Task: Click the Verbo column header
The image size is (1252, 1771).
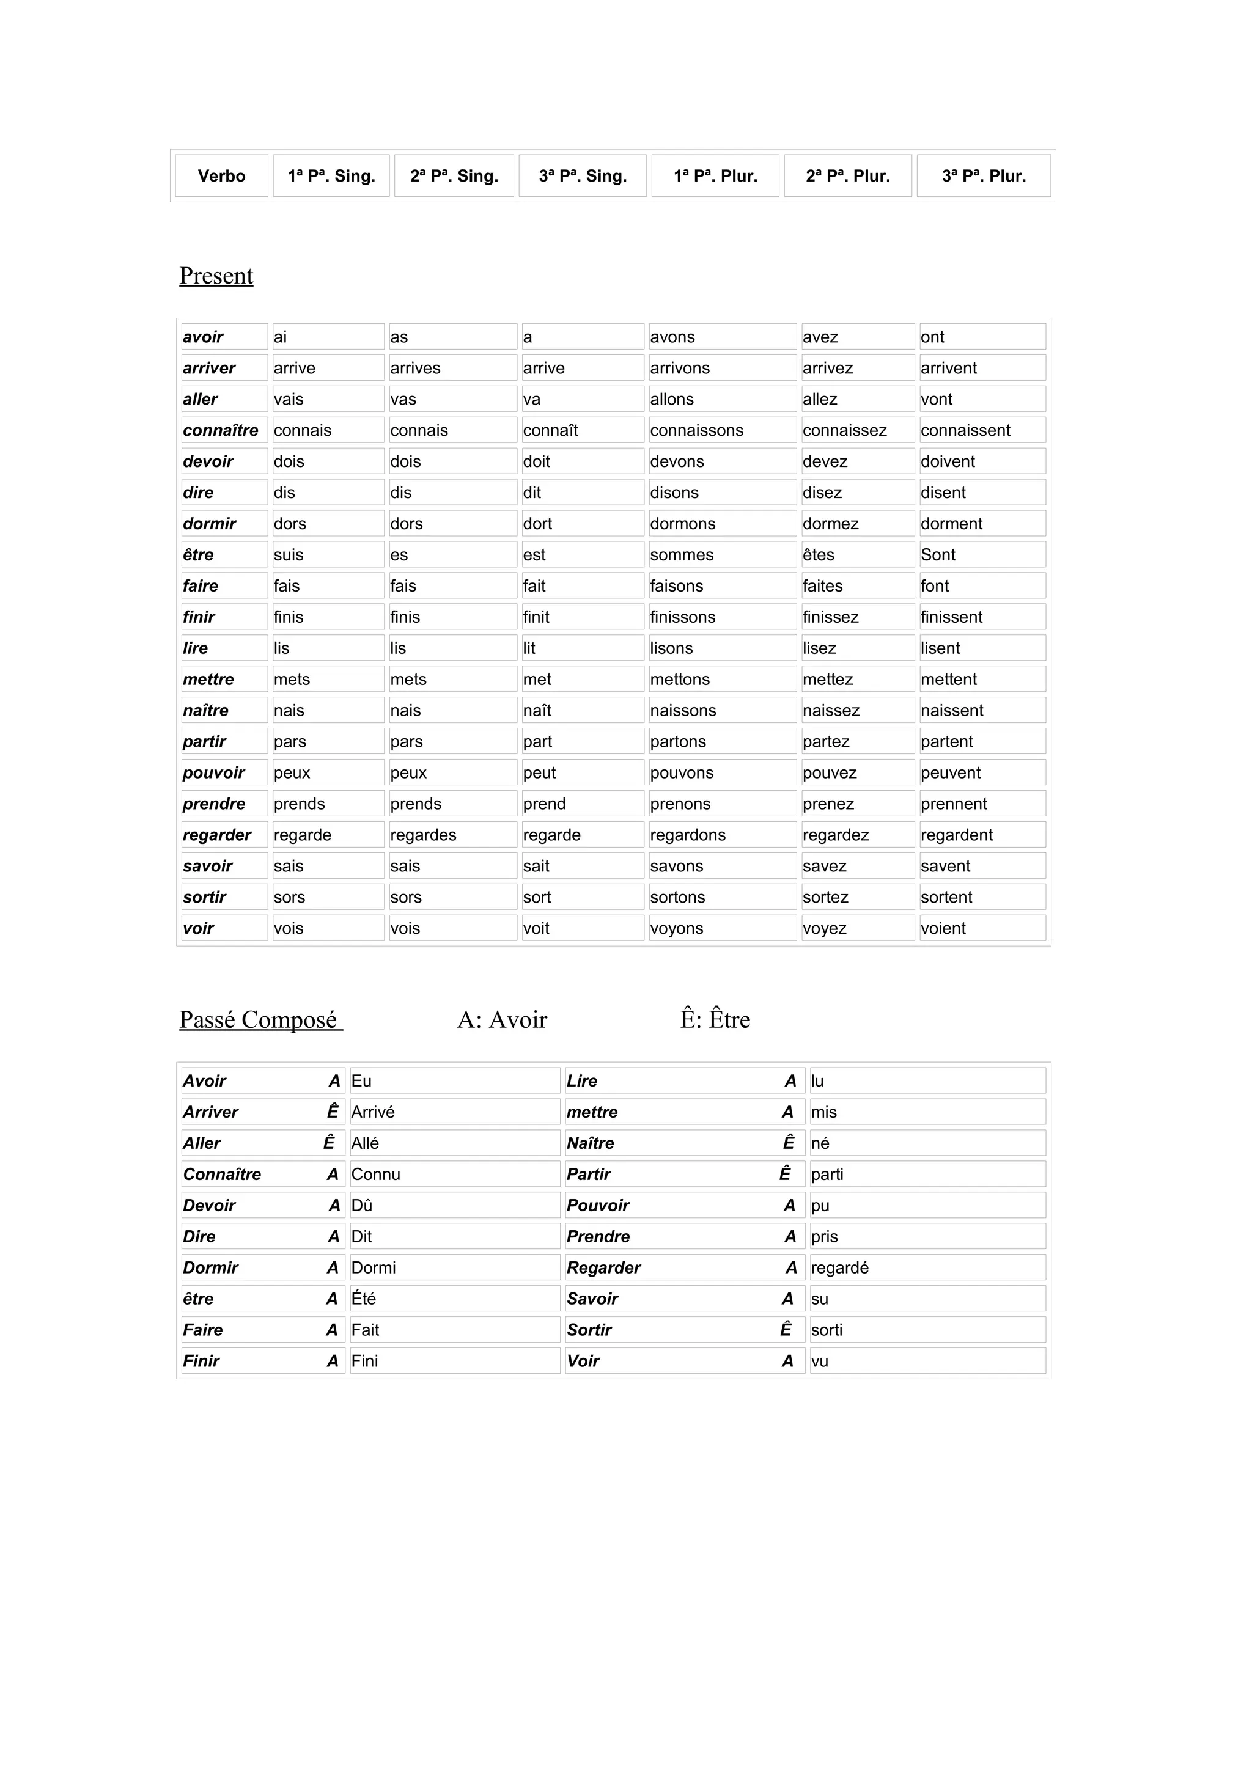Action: (221, 176)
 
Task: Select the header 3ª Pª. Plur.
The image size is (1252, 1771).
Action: (984, 176)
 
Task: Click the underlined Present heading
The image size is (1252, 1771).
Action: (216, 276)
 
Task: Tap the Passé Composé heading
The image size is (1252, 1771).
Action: (259, 1020)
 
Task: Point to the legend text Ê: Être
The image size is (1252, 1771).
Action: (715, 1020)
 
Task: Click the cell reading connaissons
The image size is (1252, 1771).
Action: (696, 430)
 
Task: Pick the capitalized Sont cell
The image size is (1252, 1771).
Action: (938, 555)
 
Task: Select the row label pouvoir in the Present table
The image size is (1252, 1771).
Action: (214, 773)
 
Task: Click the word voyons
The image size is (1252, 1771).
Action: (677, 929)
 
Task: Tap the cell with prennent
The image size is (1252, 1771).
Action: (954, 804)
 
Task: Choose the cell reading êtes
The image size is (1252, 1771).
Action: (819, 555)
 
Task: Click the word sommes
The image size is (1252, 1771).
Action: (682, 555)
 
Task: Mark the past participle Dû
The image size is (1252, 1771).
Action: (362, 1206)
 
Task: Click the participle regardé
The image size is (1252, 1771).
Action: (839, 1268)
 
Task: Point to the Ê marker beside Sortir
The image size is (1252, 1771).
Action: (786, 1330)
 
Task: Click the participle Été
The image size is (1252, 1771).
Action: (363, 1299)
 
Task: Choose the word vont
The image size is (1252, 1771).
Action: (937, 400)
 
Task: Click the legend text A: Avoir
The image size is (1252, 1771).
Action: (502, 1020)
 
